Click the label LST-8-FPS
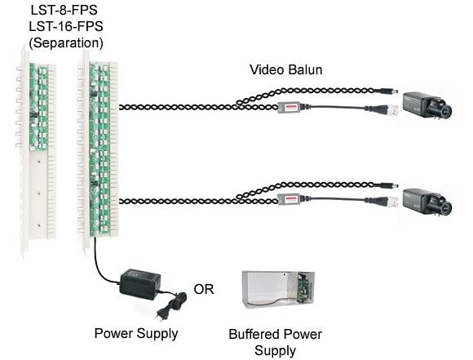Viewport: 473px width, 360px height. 64,10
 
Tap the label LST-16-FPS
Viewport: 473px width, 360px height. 66,26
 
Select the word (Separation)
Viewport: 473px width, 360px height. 66,43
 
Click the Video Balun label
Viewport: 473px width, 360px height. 286,69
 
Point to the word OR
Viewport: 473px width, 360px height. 204,289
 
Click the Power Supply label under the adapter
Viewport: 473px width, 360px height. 136,333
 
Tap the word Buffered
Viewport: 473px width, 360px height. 254,335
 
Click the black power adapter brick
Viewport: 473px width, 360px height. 140,283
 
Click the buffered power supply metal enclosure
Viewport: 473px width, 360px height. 278,290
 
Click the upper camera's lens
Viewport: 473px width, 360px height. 443,110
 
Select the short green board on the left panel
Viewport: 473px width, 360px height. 38,107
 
